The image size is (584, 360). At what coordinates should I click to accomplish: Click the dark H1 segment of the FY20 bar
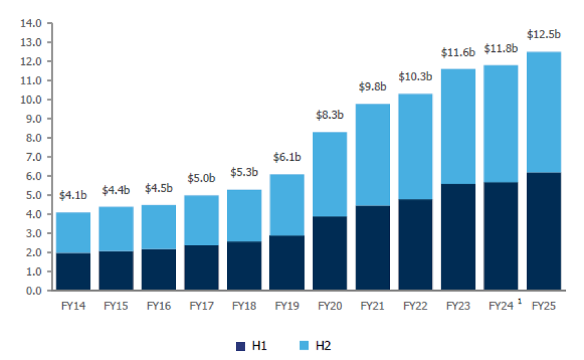[330, 253]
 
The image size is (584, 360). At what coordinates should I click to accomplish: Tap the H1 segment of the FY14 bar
[73, 271]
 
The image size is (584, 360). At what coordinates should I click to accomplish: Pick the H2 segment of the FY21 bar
[372, 155]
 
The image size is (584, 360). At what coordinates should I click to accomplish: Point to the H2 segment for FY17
[201, 220]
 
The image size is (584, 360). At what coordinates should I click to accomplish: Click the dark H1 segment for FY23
[458, 237]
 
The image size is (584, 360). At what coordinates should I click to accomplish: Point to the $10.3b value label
[415, 77]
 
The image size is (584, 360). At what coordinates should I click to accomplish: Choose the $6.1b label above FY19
[287, 157]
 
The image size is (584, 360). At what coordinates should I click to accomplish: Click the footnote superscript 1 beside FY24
[520, 301]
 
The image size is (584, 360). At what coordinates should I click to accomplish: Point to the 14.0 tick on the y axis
[31, 23]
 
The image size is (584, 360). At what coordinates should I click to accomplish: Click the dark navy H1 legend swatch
[241, 346]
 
